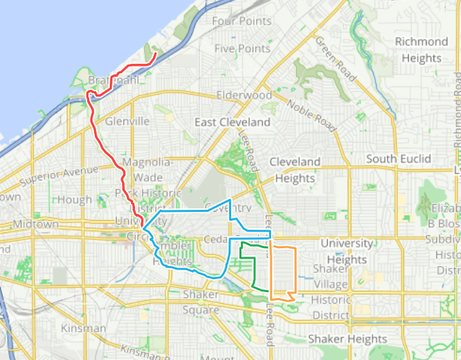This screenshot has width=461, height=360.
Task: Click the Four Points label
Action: coord(241,21)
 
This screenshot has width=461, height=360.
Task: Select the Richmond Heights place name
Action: coord(421,49)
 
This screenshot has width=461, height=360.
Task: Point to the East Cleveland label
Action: coord(232,122)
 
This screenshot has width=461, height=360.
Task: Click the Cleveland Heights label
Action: coord(294,170)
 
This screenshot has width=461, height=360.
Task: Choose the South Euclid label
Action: coord(399,159)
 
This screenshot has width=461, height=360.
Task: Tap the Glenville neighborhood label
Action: coord(127,121)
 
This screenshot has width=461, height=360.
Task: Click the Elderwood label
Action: coord(244,95)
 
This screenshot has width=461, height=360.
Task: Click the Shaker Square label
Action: coord(201,302)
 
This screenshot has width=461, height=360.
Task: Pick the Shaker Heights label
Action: coord(347,339)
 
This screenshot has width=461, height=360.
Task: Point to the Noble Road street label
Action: coord(311,115)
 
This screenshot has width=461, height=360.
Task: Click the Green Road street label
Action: coord(336,59)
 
